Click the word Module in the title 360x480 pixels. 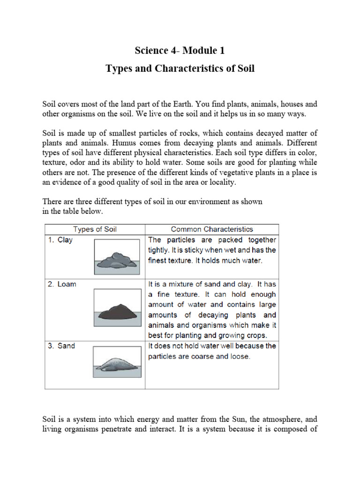click(x=193, y=51)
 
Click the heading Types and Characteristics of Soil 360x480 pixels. click(x=180, y=68)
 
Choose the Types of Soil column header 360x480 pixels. click(x=95, y=229)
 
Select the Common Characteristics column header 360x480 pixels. click(x=212, y=229)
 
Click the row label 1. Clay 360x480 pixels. click(x=60, y=240)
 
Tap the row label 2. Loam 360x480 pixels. click(x=62, y=284)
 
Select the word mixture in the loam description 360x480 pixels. click(x=185, y=284)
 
